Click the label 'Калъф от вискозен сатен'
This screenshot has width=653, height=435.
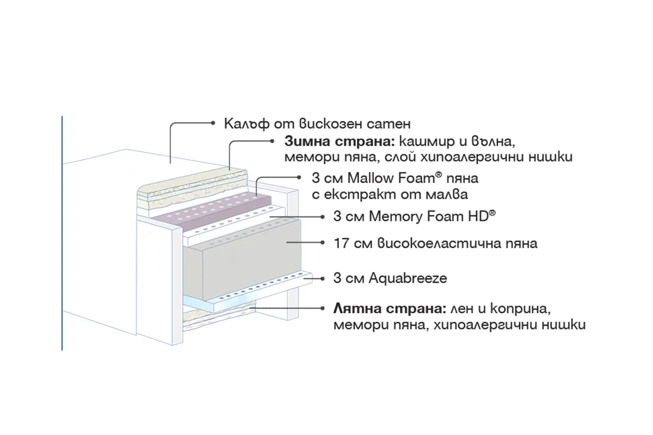click(317, 124)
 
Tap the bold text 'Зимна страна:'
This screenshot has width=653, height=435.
click(340, 141)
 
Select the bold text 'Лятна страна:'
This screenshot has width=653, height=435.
click(390, 309)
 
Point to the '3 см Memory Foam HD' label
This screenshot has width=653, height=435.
click(414, 216)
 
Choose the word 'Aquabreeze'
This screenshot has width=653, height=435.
click(408, 278)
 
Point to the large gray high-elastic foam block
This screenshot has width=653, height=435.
click(242, 260)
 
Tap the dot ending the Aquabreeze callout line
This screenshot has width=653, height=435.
click(322, 279)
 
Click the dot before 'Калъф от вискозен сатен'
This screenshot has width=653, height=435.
click(213, 123)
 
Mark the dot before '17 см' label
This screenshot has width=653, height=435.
click(322, 243)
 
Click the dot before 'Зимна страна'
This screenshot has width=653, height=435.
click(272, 141)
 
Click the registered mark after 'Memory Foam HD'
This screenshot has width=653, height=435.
click(492, 213)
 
